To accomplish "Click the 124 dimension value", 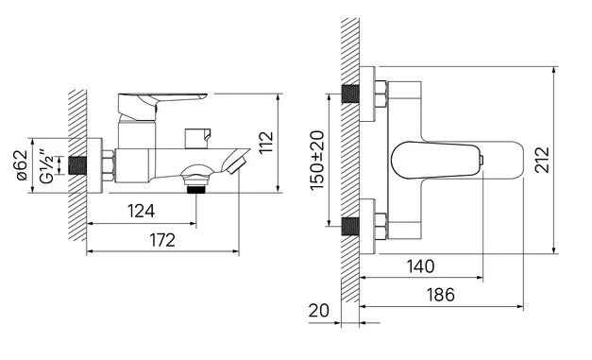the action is [x=142, y=211].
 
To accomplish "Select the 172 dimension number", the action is [x=162, y=240].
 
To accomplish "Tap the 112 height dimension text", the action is [x=266, y=142].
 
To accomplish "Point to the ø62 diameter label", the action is [x=23, y=165].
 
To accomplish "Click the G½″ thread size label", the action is [x=47, y=166].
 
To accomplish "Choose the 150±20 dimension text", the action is [x=317, y=161].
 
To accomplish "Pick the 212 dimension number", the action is [x=542, y=160].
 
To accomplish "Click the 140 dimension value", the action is [x=420, y=266].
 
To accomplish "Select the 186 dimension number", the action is [x=441, y=295].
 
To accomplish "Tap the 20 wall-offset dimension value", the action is [x=318, y=311].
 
